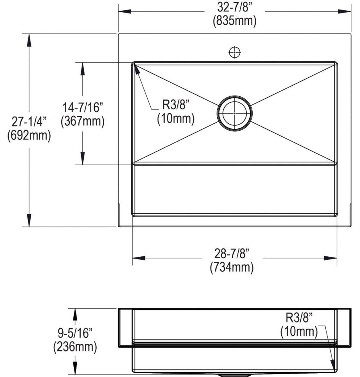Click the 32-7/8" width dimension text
pyautogui.click(x=234, y=7)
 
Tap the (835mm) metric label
pyautogui.click(x=234, y=21)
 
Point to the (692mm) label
pyautogui.click(x=29, y=135)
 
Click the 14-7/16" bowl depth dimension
pyautogui.click(x=83, y=107)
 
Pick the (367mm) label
pyautogui.click(x=83, y=121)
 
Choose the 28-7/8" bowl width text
pyautogui.click(x=232, y=253)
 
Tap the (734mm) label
pyautogui.click(x=232, y=267)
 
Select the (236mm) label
pyautogui.click(x=75, y=347)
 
